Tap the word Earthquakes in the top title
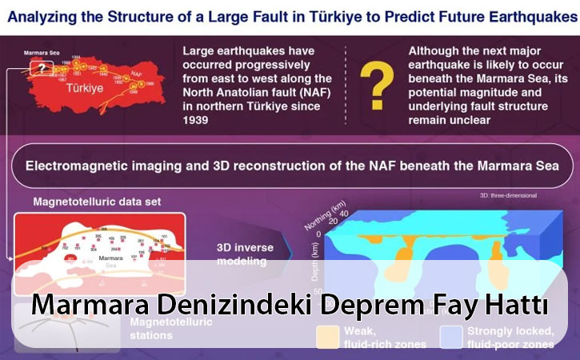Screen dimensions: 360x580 [520, 15]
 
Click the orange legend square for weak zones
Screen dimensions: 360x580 [327, 336]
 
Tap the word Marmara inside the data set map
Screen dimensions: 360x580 [105, 260]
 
